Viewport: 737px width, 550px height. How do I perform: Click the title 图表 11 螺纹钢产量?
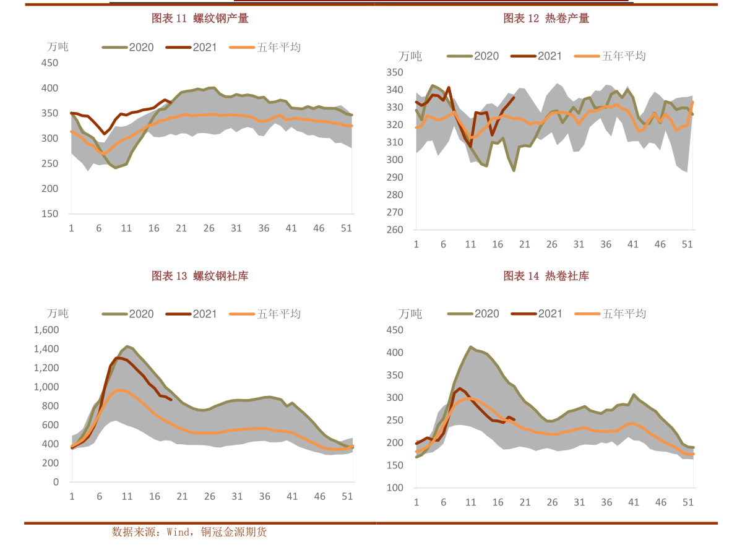click(x=200, y=19)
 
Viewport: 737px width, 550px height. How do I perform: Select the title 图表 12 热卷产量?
click(x=546, y=19)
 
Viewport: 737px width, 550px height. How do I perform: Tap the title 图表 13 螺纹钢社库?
click(x=200, y=276)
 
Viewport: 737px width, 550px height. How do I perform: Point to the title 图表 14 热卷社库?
click(x=546, y=276)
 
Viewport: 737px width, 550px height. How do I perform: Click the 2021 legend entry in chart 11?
click(x=191, y=48)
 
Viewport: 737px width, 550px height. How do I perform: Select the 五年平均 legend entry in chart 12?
click(x=611, y=56)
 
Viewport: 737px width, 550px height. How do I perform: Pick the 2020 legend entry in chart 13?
click(x=128, y=314)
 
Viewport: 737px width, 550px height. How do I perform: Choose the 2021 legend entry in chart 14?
click(x=537, y=314)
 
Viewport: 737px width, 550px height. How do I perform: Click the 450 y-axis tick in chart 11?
click(x=50, y=63)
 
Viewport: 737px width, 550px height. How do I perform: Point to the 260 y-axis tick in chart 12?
click(x=395, y=230)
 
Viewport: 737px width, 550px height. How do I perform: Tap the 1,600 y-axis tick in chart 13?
click(x=46, y=330)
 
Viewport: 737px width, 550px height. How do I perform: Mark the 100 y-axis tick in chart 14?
click(x=395, y=488)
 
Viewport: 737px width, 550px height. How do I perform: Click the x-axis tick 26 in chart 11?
click(x=209, y=228)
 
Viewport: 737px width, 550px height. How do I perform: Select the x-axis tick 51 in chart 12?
click(x=687, y=244)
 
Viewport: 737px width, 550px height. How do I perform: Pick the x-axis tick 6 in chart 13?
click(x=99, y=497)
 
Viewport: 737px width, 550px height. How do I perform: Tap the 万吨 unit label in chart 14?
click(x=410, y=314)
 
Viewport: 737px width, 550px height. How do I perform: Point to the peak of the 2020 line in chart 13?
click(x=127, y=346)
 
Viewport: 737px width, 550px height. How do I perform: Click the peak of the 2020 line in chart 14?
click(x=471, y=347)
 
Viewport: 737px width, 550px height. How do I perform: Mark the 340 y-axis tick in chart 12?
click(x=395, y=90)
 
